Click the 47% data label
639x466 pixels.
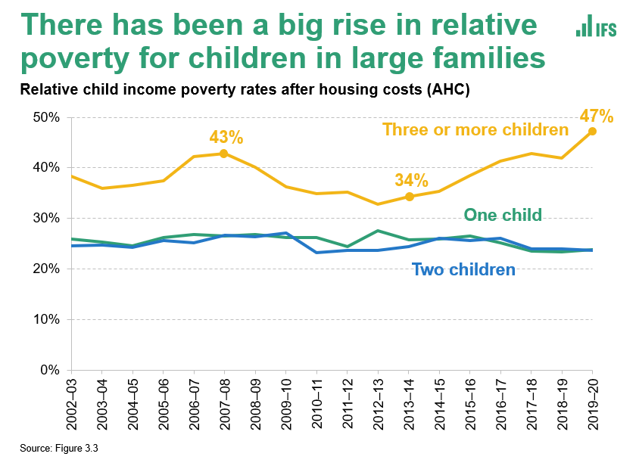596,116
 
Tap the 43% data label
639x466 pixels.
226,138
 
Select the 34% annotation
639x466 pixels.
411,181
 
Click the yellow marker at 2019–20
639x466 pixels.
592,131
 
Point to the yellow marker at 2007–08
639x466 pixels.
223,154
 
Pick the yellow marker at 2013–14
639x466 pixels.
408,197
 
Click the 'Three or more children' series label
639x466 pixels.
475,129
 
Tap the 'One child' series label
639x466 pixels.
503,214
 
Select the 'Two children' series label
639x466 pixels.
463,269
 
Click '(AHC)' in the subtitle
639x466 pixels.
447,90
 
